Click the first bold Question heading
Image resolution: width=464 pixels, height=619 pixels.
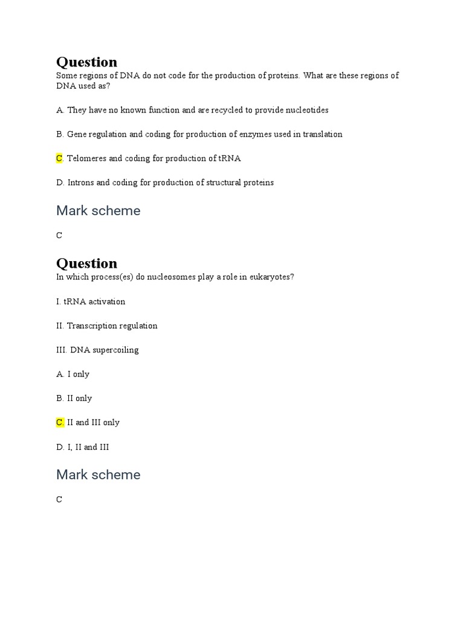point(86,62)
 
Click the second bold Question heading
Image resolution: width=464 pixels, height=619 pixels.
point(86,264)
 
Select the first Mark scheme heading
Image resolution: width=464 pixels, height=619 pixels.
point(98,211)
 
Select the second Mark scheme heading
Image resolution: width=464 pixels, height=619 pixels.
point(98,475)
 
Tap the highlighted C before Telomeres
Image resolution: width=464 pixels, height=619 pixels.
point(59,158)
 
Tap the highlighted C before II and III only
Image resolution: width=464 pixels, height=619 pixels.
point(59,423)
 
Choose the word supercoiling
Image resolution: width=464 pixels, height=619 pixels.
point(116,350)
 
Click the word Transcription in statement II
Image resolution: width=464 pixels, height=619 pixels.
point(91,326)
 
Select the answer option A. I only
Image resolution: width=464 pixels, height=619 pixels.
point(72,374)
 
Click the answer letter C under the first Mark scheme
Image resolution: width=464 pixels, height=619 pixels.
point(59,236)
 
